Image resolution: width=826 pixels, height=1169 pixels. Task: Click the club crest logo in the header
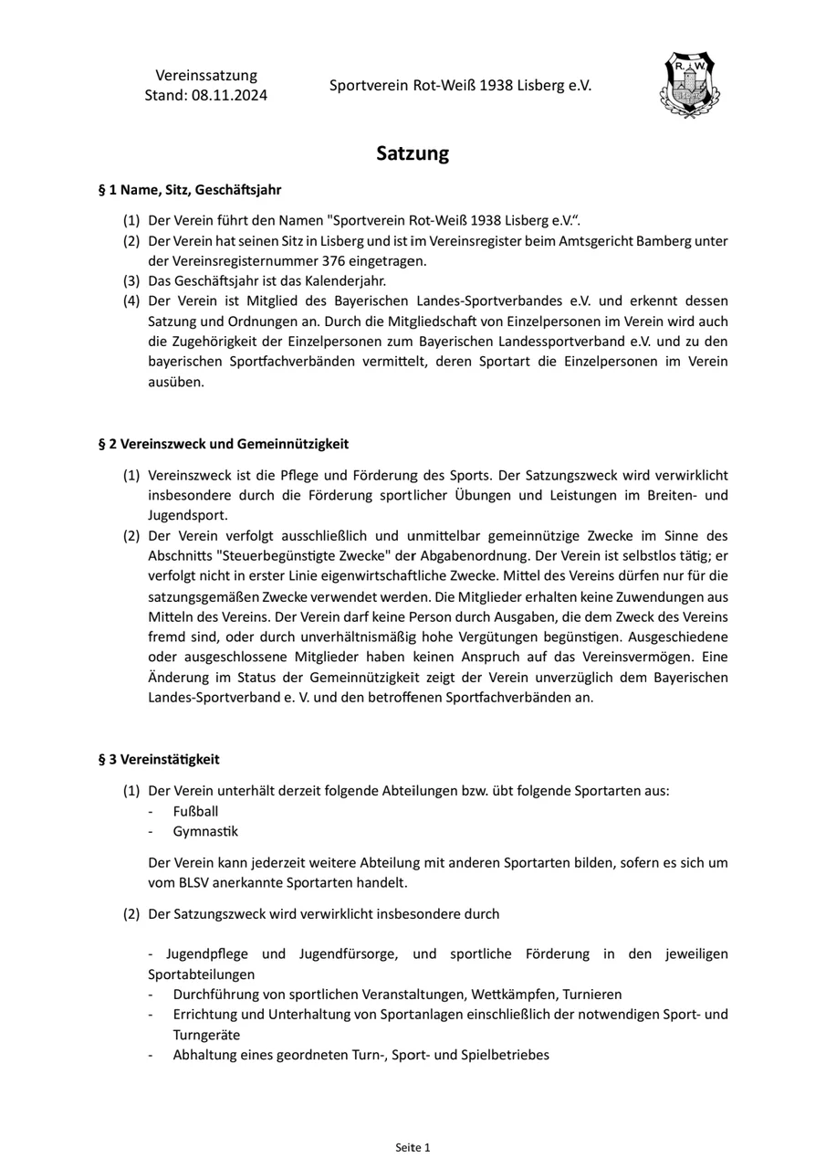click(689, 86)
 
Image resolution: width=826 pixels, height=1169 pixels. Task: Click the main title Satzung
click(413, 153)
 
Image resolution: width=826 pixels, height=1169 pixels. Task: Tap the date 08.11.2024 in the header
click(229, 95)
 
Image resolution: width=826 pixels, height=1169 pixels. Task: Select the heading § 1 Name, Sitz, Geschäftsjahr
click(190, 190)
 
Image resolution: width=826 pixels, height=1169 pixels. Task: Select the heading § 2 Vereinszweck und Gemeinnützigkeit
click(224, 444)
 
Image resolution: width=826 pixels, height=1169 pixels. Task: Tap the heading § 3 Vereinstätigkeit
click(159, 759)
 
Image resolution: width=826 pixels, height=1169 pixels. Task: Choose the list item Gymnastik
click(205, 831)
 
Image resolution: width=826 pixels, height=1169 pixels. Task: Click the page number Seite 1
click(413, 1147)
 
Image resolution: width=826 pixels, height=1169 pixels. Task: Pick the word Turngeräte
click(207, 1035)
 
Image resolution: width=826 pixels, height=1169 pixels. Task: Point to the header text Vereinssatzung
click(206, 75)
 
